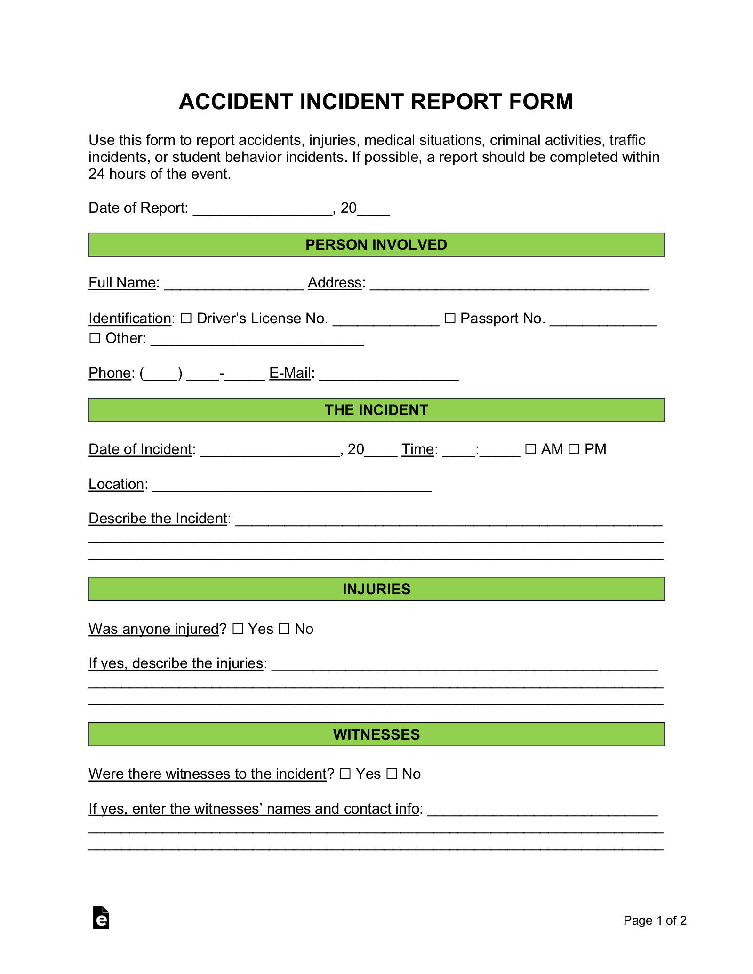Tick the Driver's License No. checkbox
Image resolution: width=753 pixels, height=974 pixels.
pyautogui.click(x=186, y=319)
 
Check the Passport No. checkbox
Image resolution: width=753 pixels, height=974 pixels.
pyautogui.click(x=450, y=319)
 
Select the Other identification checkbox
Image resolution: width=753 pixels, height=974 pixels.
pyautogui.click(x=95, y=338)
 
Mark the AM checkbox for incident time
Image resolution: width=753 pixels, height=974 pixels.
pyautogui.click(x=530, y=449)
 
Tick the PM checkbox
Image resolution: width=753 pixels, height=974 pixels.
pyautogui.click(x=574, y=449)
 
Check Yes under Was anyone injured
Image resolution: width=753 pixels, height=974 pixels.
pyautogui.click(x=238, y=629)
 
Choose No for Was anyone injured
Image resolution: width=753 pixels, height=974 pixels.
pyautogui.click(x=284, y=629)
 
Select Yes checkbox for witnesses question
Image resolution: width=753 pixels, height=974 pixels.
pyautogui.click(x=345, y=774)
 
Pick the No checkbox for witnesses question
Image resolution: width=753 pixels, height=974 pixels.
pyautogui.click(x=392, y=774)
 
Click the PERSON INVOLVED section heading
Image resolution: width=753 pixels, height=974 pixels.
pyautogui.click(x=376, y=245)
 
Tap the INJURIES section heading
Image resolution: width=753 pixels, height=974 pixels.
pyautogui.click(x=376, y=589)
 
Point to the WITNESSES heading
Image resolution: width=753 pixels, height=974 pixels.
pyautogui.click(x=376, y=734)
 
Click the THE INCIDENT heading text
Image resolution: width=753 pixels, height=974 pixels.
pyautogui.click(x=376, y=410)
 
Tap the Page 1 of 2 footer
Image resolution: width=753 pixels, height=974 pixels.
pyautogui.click(x=655, y=920)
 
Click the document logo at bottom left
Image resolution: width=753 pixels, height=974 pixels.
pyautogui.click(x=101, y=918)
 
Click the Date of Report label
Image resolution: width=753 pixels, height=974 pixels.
pyautogui.click(x=138, y=208)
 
